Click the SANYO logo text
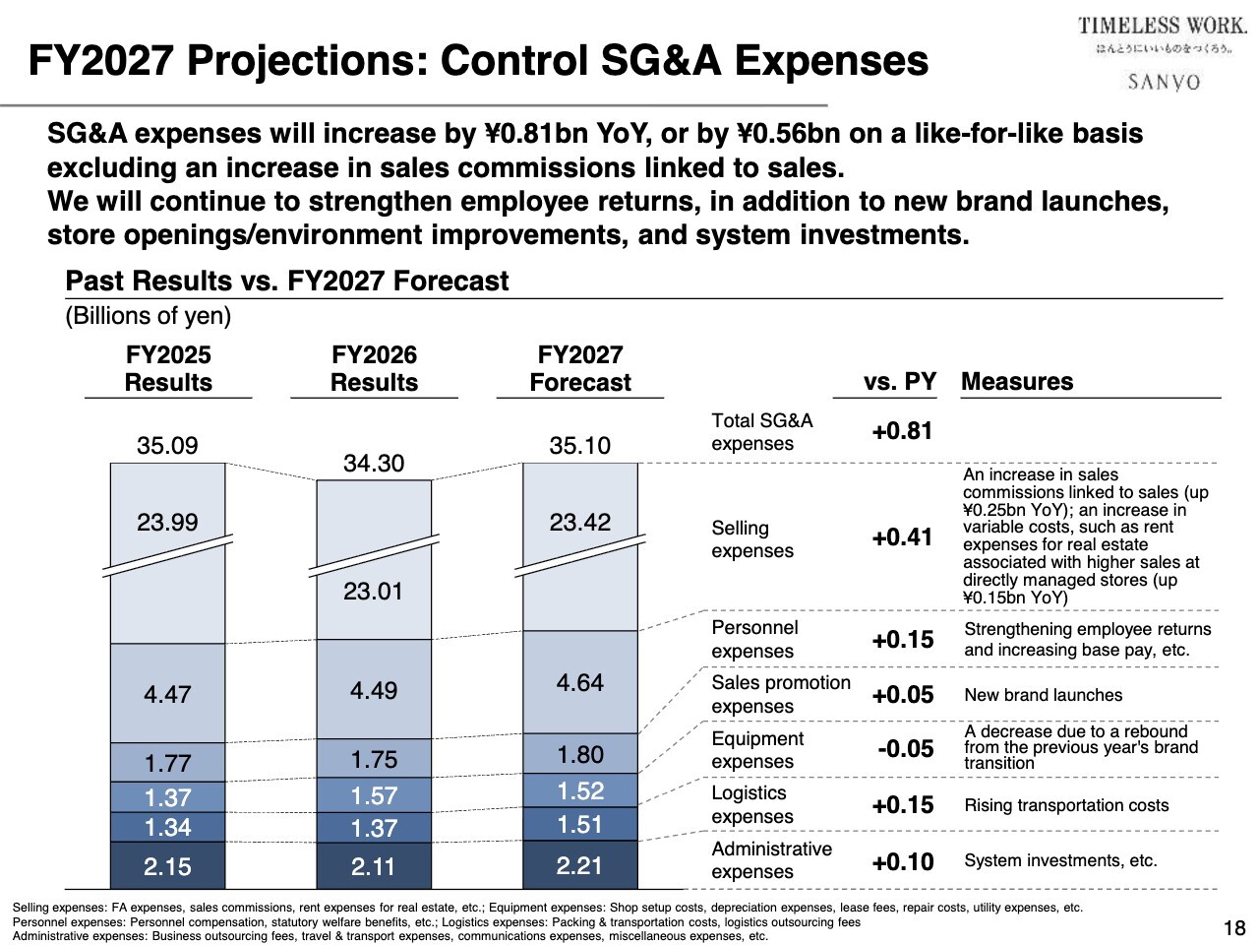pos(1164,82)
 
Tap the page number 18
pos(1234,927)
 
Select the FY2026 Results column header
pos(374,369)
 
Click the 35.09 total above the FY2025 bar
pos(167,446)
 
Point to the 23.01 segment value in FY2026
pos(374,592)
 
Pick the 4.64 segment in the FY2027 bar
pos(580,682)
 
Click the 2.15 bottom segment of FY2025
pos(167,866)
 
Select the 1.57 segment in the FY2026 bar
pos(374,795)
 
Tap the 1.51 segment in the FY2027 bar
pos(580,824)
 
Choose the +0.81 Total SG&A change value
pos(902,431)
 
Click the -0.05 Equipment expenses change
pos(905,749)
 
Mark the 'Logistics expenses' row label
pos(751,805)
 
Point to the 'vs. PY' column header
pos(900,382)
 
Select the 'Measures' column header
pos(1017,382)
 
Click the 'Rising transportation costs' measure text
pos(1066,805)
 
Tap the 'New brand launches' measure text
pos(1043,695)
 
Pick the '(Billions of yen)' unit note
pos(149,316)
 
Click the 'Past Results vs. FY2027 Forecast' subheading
pos(287,282)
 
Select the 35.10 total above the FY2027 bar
pos(580,446)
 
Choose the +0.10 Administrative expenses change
pos(902,862)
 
